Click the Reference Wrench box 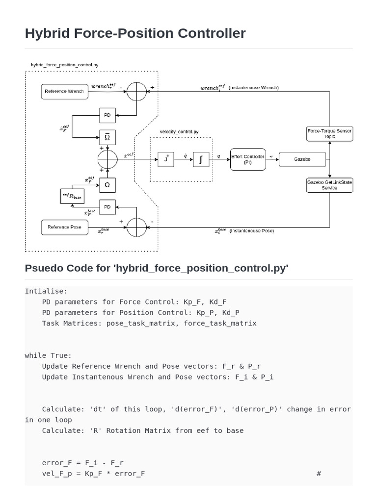pos(64,91)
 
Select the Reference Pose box pos(64,227)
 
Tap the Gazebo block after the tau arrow pos(302,159)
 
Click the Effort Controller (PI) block pos(248,159)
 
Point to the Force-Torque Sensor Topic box pos(329,134)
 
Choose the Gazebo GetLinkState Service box pos(329,185)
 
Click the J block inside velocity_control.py pos(166,159)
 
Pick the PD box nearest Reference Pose pos(108,207)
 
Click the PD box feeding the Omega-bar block pos(108,116)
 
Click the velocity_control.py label pos(179,132)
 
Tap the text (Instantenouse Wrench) pos(254,88)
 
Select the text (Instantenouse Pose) pos(252,230)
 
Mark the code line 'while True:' pos(48,355)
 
